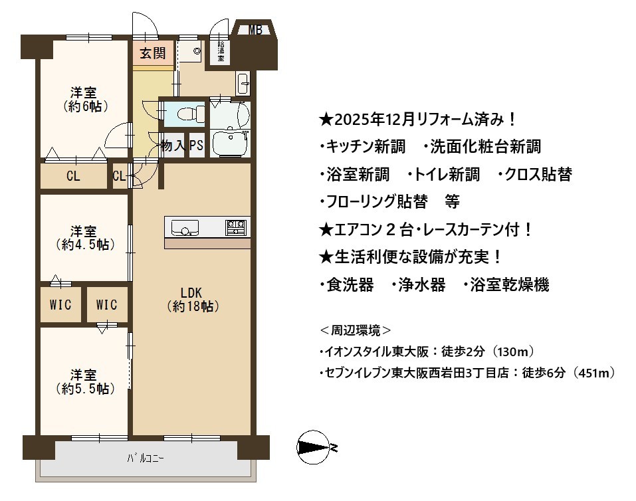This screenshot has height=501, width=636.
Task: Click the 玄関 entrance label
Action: point(152,53)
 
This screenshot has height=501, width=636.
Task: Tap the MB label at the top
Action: point(255,30)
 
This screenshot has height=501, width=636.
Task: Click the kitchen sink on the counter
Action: point(185,228)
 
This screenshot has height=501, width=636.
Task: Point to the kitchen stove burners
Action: point(236,228)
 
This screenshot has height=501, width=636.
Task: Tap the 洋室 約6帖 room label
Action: point(84,100)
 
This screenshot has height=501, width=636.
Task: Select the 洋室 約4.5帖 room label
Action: point(84,238)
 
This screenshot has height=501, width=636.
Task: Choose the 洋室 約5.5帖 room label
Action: point(84,381)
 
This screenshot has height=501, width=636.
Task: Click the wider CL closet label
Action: point(73,176)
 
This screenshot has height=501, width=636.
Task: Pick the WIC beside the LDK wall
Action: point(107,305)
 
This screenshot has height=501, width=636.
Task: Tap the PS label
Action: point(196,146)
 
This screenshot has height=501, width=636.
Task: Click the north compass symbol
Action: point(314,447)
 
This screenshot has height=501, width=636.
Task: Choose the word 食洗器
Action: point(350,285)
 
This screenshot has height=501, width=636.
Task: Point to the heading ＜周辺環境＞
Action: point(356,330)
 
